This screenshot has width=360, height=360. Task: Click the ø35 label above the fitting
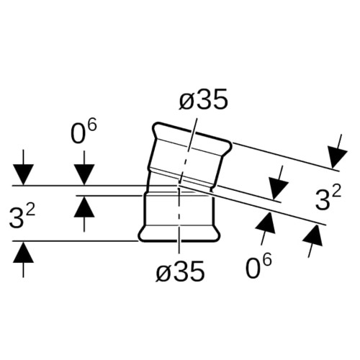pos(203,99)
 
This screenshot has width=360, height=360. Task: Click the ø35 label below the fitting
pos(180,271)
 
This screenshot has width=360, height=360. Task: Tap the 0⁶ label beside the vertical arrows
pos(84,132)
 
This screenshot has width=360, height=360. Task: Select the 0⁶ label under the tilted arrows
pos(259,266)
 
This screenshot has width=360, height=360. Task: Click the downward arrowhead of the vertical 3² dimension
pos(23,175)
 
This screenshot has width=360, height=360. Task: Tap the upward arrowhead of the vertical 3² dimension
pos(23,252)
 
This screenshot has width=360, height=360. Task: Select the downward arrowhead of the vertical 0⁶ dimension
pos(84,175)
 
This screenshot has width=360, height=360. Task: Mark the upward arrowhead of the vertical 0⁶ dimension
pos(84,207)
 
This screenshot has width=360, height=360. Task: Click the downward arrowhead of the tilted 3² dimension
pos(337,158)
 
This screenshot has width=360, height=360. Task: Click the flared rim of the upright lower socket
pos(179,233)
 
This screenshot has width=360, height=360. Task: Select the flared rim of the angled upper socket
pos(192,135)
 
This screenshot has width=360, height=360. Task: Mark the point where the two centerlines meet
pos(179,186)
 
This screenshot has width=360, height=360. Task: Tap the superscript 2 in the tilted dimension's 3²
pos(337,192)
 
